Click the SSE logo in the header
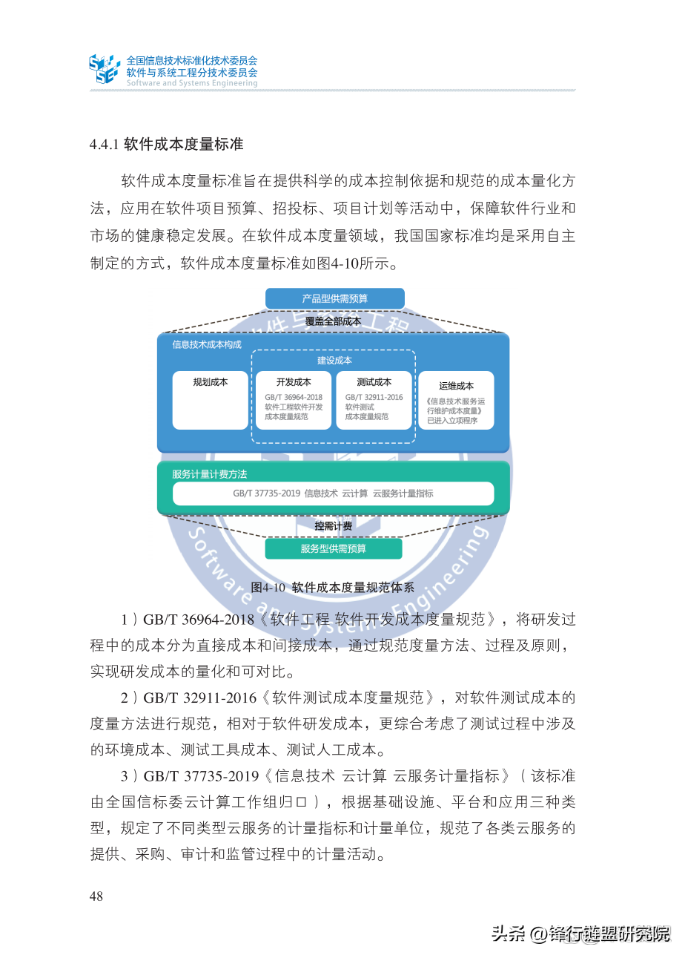coord(104,68)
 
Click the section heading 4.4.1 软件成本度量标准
coord(167,144)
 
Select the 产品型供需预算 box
coord(334,298)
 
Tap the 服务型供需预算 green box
coord(334,549)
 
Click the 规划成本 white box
coord(211,400)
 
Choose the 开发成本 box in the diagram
coord(294,400)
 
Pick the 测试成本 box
coord(374,400)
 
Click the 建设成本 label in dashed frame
coord(334,360)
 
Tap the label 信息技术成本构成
coord(196,344)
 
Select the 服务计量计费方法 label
coord(210,473)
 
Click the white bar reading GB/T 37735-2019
coord(333,493)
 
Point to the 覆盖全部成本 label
coord(334,321)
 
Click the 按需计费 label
coord(334,526)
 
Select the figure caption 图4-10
coord(332,587)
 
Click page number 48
coord(96,896)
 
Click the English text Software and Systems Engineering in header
coord(192,83)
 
